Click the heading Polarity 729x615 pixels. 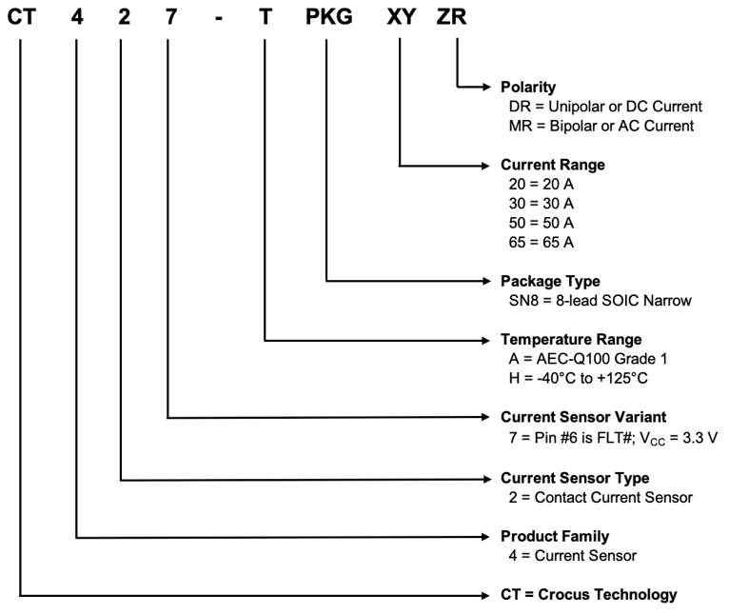click(528, 88)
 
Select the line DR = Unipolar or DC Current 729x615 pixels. click(606, 107)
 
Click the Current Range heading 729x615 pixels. click(552, 165)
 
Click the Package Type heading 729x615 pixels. click(550, 282)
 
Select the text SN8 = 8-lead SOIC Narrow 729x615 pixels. click(601, 301)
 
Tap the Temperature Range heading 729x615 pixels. click(571, 340)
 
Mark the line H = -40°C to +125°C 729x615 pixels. click(583, 378)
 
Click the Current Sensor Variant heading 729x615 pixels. click(581, 417)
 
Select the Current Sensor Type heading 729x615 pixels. click(575, 477)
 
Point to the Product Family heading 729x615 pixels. click(555, 536)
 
